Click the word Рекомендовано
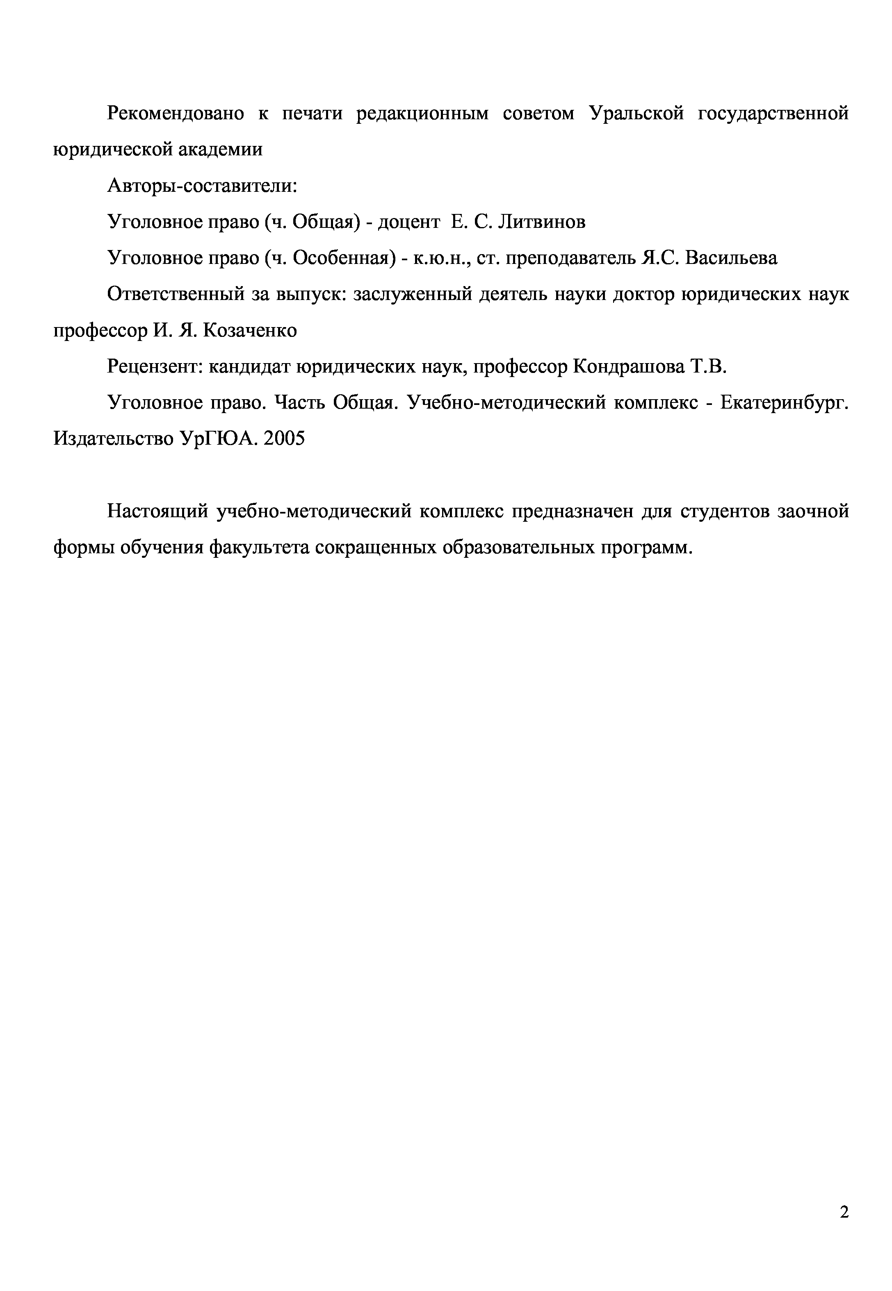176,114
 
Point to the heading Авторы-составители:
202,186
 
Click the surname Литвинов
542,222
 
